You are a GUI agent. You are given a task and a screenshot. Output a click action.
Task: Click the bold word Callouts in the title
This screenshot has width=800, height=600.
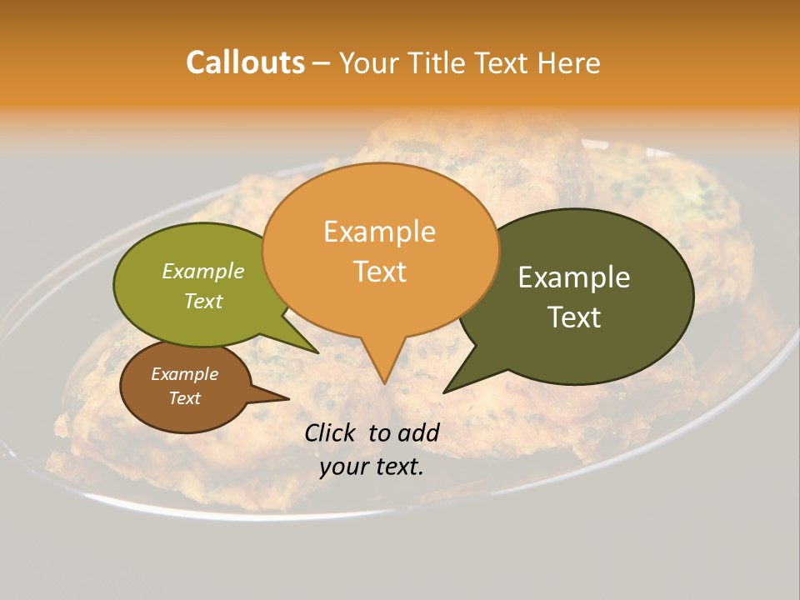245,62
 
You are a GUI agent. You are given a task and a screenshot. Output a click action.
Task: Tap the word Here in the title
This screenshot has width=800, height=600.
569,62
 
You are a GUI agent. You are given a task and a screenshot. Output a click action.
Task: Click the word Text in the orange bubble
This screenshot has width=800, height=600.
379,271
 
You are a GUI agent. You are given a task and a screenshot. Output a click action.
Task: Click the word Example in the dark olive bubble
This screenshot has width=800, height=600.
574,277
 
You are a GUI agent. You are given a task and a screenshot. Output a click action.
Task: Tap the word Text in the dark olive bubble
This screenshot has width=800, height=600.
574,317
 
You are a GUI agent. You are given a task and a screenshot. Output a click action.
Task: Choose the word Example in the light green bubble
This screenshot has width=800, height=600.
203,271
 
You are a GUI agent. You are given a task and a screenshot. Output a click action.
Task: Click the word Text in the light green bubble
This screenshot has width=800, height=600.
203,301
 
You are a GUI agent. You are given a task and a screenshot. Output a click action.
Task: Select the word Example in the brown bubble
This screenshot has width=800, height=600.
184,374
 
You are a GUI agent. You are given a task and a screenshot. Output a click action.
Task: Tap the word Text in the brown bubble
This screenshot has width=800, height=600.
184,398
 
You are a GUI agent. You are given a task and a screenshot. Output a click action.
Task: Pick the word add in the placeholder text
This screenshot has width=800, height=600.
419,432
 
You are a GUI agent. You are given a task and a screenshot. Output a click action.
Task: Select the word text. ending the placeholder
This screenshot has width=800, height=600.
399,467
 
